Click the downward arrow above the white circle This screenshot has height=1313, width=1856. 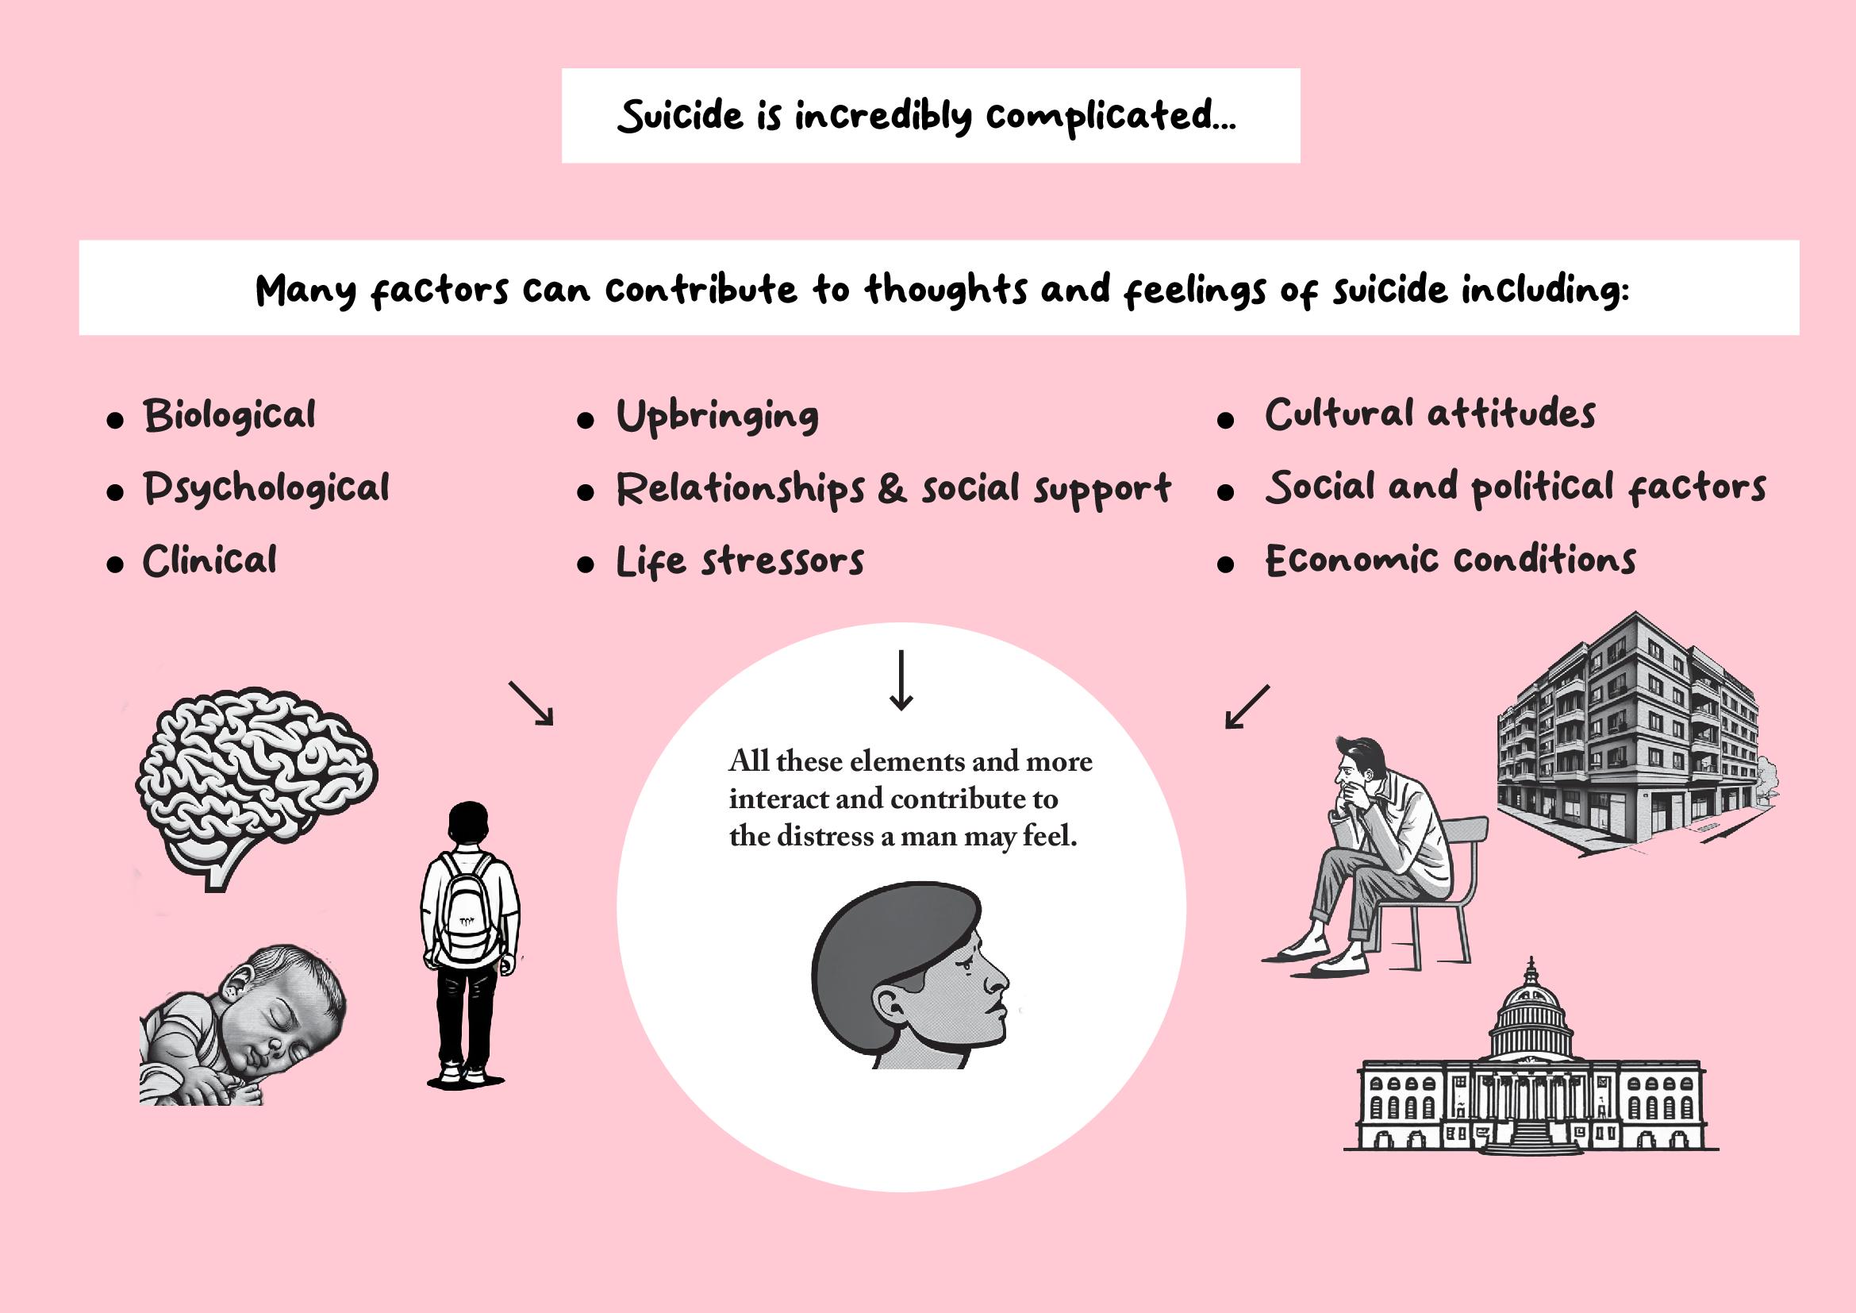(x=901, y=680)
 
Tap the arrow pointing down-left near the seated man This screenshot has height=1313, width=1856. (x=1247, y=707)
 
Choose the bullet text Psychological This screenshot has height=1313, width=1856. (x=267, y=489)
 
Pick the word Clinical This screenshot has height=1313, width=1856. (x=210, y=561)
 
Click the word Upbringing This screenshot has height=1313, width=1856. (x=718, y=418)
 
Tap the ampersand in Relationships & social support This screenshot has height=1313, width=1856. (x=892, y=490)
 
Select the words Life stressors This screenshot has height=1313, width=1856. (x=740, y=562)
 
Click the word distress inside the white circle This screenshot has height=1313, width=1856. (x=826, y=836)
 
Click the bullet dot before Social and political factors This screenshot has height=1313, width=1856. (x=1225, y=492)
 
